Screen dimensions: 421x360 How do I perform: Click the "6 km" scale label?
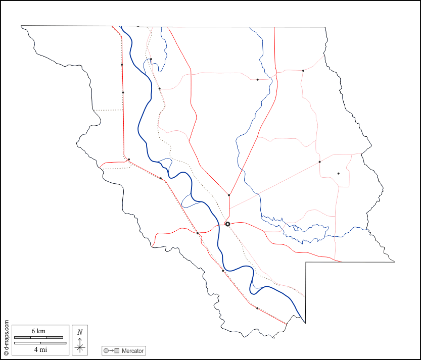tap(38, 331)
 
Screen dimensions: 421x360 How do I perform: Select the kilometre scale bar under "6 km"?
tap(38, 337)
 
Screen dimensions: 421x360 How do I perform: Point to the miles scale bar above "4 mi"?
tap(40, 343)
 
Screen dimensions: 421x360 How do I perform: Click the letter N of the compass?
tap(80, 332)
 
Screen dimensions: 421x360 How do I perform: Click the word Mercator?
tap(132, 350)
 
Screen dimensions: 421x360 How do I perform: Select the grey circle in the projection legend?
tap(106, 351)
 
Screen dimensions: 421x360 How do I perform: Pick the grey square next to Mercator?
tap(117, 351)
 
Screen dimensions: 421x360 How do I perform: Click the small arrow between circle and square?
tap(111, 351)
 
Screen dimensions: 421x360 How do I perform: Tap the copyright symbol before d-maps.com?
tap(6, 354)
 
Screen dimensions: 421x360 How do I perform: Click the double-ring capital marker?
tap(227, 224)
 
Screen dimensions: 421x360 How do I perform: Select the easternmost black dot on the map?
tap(339, 174)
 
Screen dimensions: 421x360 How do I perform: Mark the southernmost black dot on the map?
tap(257, 308)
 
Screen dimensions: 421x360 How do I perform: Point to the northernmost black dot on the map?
tap(151, 59)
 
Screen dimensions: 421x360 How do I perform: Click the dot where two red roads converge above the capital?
tap(229, 195)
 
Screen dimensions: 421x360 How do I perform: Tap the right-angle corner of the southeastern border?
tap(306, 263)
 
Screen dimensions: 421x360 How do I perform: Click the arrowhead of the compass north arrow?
tap(80, 338)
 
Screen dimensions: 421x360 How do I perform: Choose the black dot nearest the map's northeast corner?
tap(303, 71)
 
